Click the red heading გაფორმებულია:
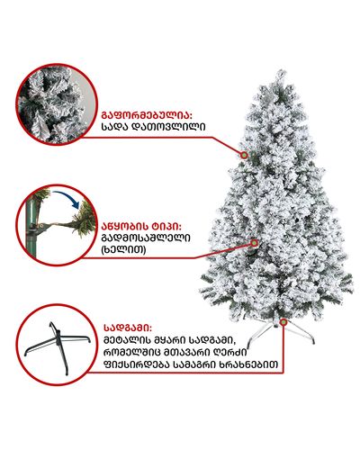[x=147, y=115]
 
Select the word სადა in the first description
[x=114, y=127]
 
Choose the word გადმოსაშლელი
[x=146, y=238]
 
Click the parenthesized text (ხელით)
[x=124, y=249]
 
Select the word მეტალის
[x=127, y=340]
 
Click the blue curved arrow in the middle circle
[x=67, y=197]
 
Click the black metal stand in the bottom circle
[x=58, y=348]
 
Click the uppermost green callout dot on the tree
[x=244, y=155]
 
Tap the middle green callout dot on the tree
[x=255, y=243]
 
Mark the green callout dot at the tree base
[x=283, y=322]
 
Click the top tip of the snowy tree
[x=282, y=71]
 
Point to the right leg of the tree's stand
[x=300, y=333]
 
